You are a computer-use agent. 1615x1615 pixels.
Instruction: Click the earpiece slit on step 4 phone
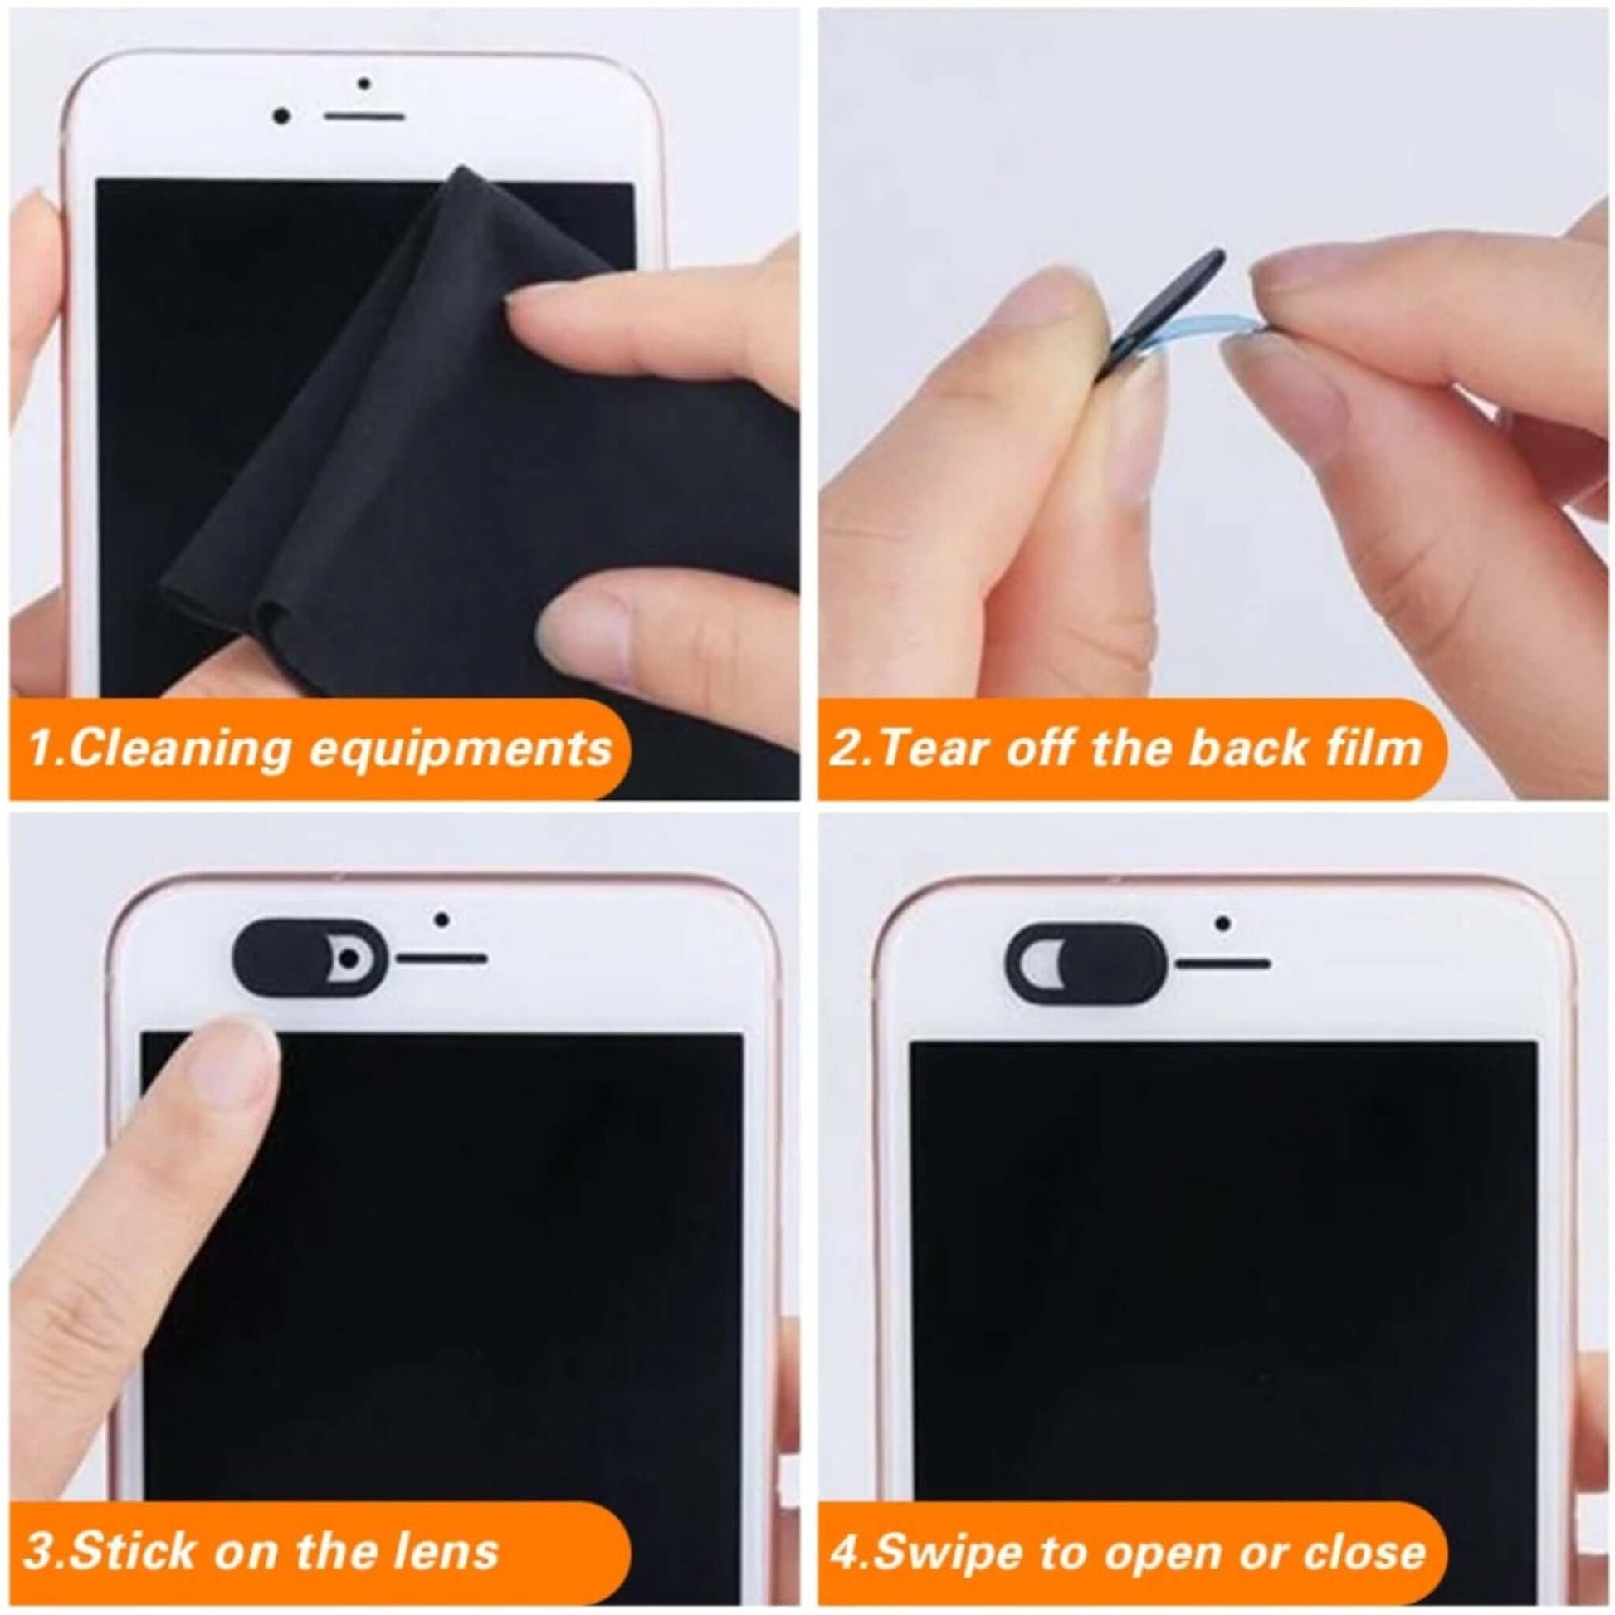pyautogui.click(x=1224, y=964)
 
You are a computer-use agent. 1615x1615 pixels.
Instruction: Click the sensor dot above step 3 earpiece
pyautogui.click(x=442, y=920)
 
